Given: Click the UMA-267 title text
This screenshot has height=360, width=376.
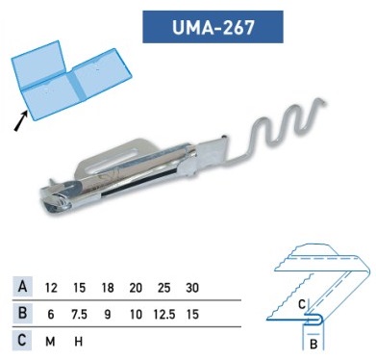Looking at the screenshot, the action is (x=213, y=27).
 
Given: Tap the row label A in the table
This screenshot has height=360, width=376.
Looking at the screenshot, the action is (x=22, y=286).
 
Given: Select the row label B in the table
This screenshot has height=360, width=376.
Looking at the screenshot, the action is (x=23, y=313).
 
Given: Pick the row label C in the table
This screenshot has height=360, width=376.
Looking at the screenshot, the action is (x=22, y=340).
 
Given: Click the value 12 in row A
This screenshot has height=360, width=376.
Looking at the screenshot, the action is (x=51, y=288).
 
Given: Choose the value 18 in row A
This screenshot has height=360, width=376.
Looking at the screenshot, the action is (x=108, y=288).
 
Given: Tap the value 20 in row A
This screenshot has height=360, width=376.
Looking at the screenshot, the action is (x=136, y=288).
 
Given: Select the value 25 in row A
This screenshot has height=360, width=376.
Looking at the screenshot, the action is (x=163, y=288).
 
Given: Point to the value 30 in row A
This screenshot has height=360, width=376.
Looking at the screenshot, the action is (x=192, y=288).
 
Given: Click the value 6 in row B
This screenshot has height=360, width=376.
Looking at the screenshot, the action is (x=51, y=315).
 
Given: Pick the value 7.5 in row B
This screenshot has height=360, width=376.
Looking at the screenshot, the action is (x=79, y=315).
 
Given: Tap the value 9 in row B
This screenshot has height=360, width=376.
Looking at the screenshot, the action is (x=108, y=315).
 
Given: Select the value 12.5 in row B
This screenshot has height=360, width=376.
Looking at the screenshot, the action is (x=164, y=315).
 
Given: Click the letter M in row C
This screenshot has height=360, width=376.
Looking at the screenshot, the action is (x=50, y=342).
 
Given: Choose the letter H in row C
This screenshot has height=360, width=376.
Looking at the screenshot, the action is (x=79, y=342).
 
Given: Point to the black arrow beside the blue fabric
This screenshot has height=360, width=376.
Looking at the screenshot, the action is (x=20, y=121).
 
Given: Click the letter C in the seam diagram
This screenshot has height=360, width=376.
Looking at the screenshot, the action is (x=302, y=304).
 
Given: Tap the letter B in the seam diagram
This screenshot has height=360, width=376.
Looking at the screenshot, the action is (x=313, y=345).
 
